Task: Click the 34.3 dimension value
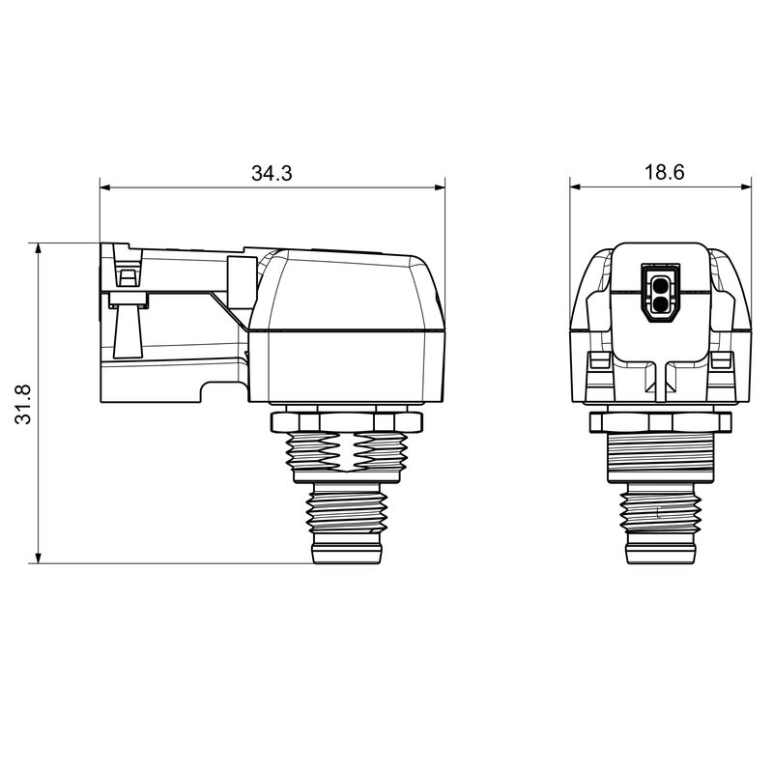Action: click(x=272, y=173)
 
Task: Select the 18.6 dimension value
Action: click(x=665, y=172)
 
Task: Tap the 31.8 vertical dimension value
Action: click(x=23, y=404)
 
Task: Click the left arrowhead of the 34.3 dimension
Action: click(x=105, y=187)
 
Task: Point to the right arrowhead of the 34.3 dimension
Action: click(x=439, y=187)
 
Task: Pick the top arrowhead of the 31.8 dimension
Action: click(x=39, y=249)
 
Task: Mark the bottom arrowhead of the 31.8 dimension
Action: click(x=39, y=558)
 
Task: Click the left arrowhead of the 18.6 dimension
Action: click(x=576, y=186)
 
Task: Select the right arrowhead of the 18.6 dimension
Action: click(x=746, y=186)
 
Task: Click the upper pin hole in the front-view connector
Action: click(x=660, y=284)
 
